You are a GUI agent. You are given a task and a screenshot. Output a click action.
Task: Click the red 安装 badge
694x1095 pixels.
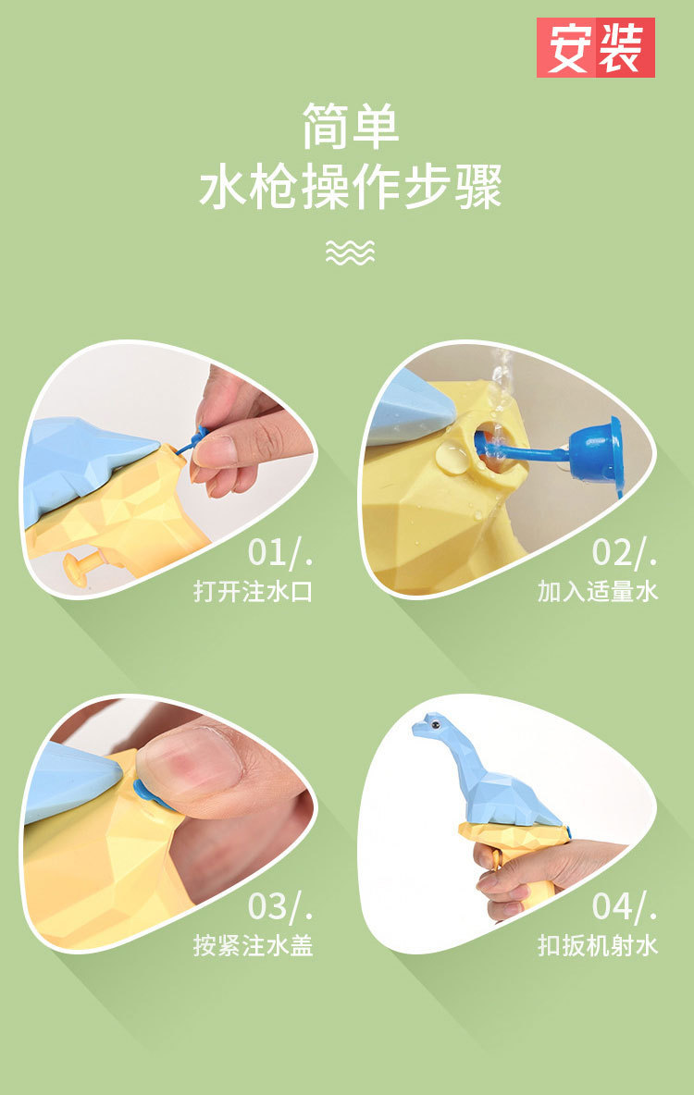pos(596,47)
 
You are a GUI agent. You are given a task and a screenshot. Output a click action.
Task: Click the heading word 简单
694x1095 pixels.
pos(350,127)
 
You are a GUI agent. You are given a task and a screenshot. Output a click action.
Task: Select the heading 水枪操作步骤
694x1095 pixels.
pos(351,187)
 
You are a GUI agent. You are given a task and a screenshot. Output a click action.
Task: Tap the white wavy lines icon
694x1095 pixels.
pos(350,252)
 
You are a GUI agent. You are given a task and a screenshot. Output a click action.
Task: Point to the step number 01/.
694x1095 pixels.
pos(280,552)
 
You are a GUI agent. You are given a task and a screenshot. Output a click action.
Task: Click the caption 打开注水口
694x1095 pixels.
pos(253,592)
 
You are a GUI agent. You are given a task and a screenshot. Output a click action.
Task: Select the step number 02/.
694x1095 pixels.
pos(625,552)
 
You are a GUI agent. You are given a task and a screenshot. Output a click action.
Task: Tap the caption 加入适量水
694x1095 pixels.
pos(598,592)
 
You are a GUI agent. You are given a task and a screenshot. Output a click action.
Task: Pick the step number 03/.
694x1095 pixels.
pos(280,905)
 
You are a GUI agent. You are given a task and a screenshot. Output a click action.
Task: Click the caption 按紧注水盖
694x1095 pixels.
pos(253,945)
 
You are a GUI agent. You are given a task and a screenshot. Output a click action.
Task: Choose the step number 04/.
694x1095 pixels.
pos(625,905)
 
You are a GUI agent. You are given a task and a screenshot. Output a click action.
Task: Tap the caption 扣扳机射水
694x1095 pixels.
pos(598,945)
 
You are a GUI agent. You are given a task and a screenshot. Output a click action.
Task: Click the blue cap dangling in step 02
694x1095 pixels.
pos(596,450)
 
